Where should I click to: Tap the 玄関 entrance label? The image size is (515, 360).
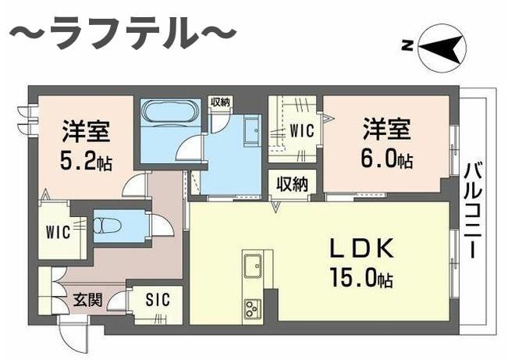click(x=87, y=299)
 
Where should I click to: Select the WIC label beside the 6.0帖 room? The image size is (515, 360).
click(x=302, y=131)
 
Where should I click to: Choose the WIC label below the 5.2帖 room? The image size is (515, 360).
click(x=59, y=233)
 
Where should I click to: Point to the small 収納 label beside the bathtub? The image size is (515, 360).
click(x=219, y=102)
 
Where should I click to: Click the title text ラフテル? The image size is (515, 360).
click(x=122, y=35)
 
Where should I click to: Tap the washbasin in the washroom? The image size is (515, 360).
click(x=251, y=130)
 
